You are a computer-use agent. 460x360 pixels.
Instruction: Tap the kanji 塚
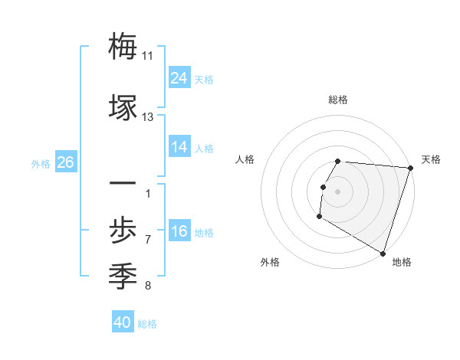point(123,106)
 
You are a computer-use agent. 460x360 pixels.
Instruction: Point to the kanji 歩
point(123,228)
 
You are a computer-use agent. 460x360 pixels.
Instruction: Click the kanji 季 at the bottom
point(123,273)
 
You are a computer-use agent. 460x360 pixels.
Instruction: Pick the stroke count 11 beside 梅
point(148,56)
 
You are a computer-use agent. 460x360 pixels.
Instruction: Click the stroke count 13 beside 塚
point(148,117)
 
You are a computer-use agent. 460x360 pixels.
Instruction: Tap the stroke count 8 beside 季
point(148,286)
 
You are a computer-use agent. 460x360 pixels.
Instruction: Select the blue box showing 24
point(179,77)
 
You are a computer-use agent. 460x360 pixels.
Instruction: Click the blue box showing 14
point(179,146)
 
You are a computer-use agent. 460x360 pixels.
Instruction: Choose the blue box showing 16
point(179,231)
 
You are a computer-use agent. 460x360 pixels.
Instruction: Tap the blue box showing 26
point(65,162)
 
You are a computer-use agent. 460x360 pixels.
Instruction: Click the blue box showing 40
point(123,322)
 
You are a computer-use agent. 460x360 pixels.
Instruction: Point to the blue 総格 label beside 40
point(147,324)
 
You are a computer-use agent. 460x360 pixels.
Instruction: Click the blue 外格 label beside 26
point(41,163)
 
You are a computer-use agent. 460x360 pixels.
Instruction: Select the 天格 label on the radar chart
point(431,159)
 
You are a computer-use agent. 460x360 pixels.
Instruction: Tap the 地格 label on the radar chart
point(402,262)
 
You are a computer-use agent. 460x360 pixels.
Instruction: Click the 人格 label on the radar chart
point(245,159)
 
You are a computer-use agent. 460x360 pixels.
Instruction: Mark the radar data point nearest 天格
point(410,168)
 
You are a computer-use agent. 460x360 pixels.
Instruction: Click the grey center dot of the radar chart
point(337,191)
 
